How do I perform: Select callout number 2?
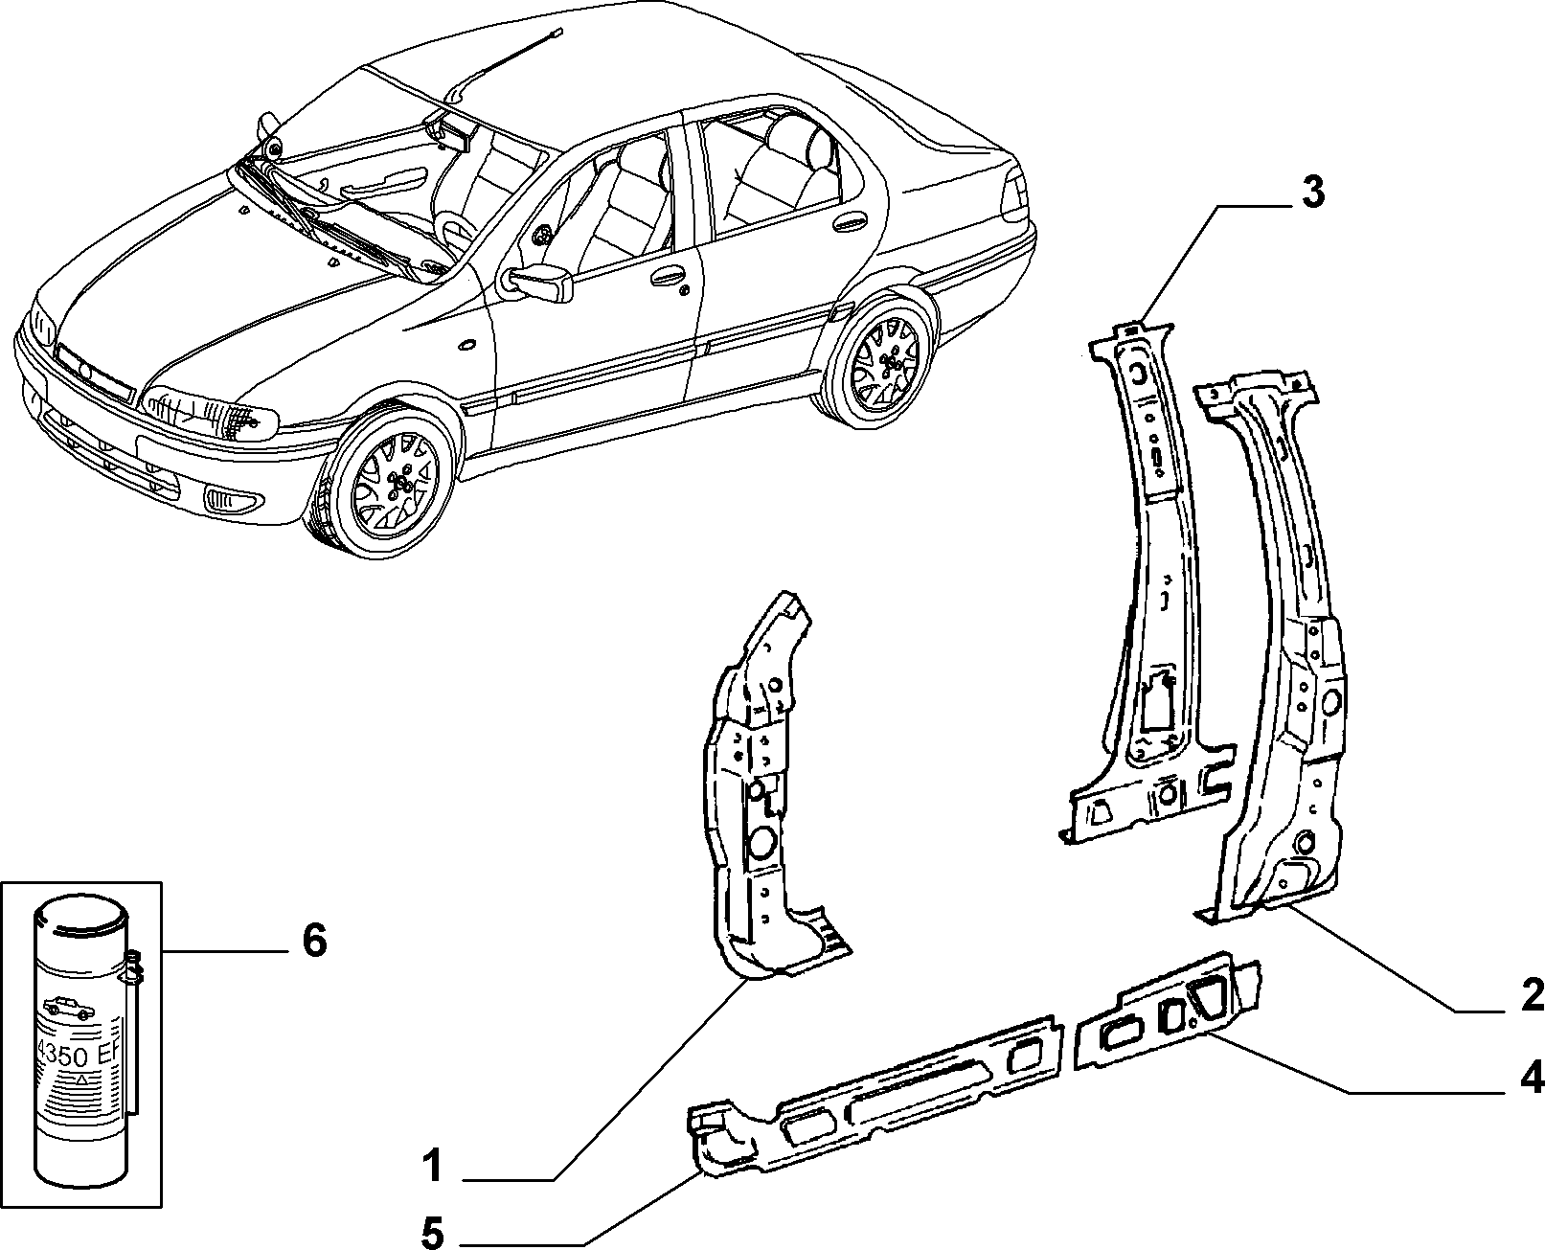click(x=1532, y=996)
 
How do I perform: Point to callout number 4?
click(x=1532, y=1079)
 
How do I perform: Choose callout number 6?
click(x=313, y=941)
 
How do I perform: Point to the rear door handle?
click(x=849, y=221)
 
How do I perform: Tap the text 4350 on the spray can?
click(x=63, y=1056)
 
